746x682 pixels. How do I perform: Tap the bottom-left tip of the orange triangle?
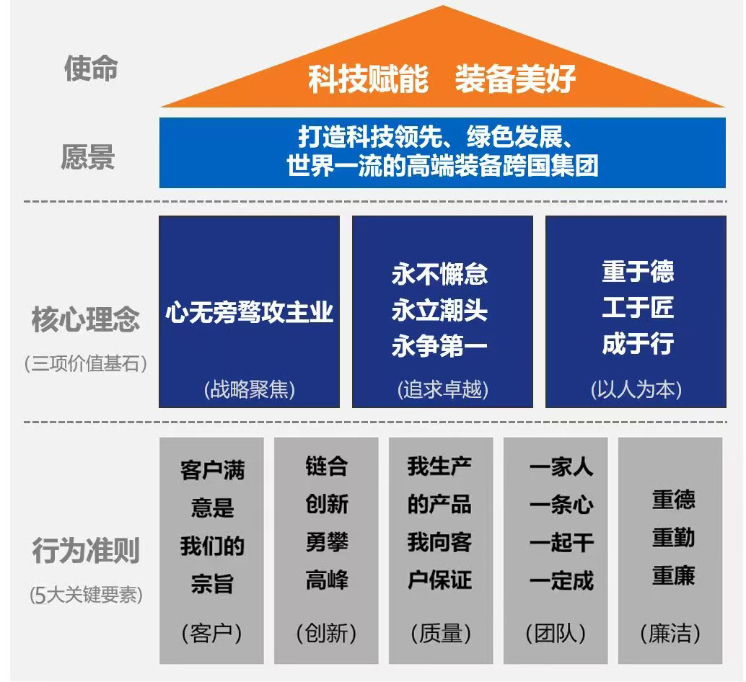[161, 107]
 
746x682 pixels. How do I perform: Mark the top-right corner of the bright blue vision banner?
[726, 118]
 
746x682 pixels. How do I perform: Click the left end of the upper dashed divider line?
[25, 202]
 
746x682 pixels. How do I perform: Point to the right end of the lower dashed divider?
[727, 422]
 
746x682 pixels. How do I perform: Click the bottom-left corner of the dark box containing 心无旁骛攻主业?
[159, 407]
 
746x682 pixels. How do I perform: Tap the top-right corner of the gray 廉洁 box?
[722, 438]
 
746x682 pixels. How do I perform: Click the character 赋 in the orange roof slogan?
[369, 79]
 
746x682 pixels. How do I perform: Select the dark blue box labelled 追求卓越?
[442, 311]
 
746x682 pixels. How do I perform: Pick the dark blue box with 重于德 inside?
[636, 311]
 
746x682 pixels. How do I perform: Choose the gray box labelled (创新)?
[326, 550]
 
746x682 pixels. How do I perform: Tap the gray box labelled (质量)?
[441, 550]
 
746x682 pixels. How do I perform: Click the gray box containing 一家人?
[556, 550]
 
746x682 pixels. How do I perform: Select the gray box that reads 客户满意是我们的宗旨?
[211, 550]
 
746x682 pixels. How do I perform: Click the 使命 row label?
[91, 68]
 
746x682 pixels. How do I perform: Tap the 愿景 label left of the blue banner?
[88, 157]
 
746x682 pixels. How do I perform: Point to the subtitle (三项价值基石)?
[86, 364]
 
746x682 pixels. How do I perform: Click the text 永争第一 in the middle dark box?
[439, 345]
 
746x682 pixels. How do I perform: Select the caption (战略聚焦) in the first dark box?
[250, 390]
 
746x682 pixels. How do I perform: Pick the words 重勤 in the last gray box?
[673, 538]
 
